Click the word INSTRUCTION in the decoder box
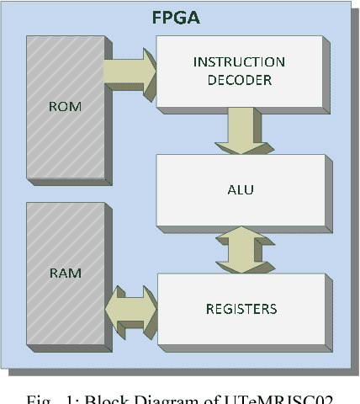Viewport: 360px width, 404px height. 239,61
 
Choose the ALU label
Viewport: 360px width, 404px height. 241,189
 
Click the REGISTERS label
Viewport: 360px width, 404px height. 241,309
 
